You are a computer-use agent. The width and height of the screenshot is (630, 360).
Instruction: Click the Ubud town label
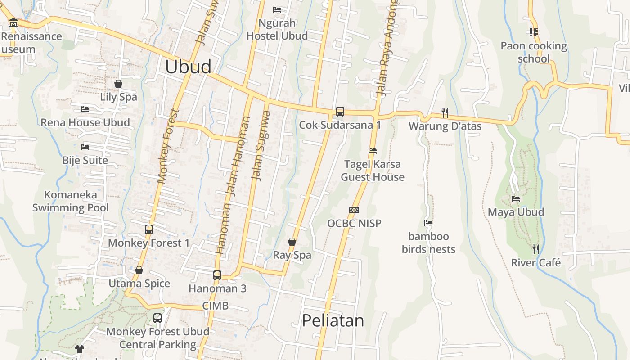pyautogui.click(x=188, y=67)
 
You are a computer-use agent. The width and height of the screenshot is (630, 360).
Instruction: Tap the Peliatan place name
pyautogui.click(x=333, y=320)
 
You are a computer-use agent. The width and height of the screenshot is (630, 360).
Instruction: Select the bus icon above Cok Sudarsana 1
pyautogui.click(x=340, y=111)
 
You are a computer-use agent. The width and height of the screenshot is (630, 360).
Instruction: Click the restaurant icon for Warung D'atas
pyautogui.click(x=445, y=112)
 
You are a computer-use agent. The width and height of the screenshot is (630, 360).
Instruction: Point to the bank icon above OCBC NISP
pyautogui.click(x=354, y=210)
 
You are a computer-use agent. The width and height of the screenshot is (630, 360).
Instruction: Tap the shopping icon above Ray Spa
pyautogui.click(x=292, y=242)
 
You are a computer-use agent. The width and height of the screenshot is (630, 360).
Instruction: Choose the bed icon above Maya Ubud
pyautogui.click(x=516, y=198)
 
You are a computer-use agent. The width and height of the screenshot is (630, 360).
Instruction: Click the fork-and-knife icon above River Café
pyautogui.click(x=535, y=249)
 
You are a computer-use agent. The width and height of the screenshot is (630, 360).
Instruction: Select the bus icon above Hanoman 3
pyautogui.click(x=217, y=275)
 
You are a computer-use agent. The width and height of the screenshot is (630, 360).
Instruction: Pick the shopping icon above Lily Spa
pyautogui.click(x=118, y=84)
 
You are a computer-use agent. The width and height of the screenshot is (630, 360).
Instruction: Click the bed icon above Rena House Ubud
pyautogui.click(x=85, y=109)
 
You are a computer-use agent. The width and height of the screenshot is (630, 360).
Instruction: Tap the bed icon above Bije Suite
pyautogui.click(x=85, y=147)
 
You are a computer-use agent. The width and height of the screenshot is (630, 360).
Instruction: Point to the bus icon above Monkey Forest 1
pyautogui.click(x=149, y=229)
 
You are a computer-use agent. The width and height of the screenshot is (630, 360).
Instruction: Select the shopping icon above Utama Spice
pyautogui.click(x=139, y=270)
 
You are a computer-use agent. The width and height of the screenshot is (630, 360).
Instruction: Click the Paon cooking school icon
pyautogui.click(x=534, y=32)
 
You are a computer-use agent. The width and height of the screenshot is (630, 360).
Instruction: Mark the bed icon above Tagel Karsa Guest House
pyautogui.click(x=372, y=151)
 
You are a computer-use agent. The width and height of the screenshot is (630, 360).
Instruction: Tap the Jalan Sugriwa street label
pyautogui.click(x=261, y=146)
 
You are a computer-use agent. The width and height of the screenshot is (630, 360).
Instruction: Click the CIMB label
pyautogui.click(x=215, y=306)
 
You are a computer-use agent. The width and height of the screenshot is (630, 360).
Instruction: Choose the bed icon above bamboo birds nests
pyautogui.click(x=428, y=223)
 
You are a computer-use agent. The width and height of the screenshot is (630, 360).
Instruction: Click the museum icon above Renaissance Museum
pyautogui.click(x=13, y=23)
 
